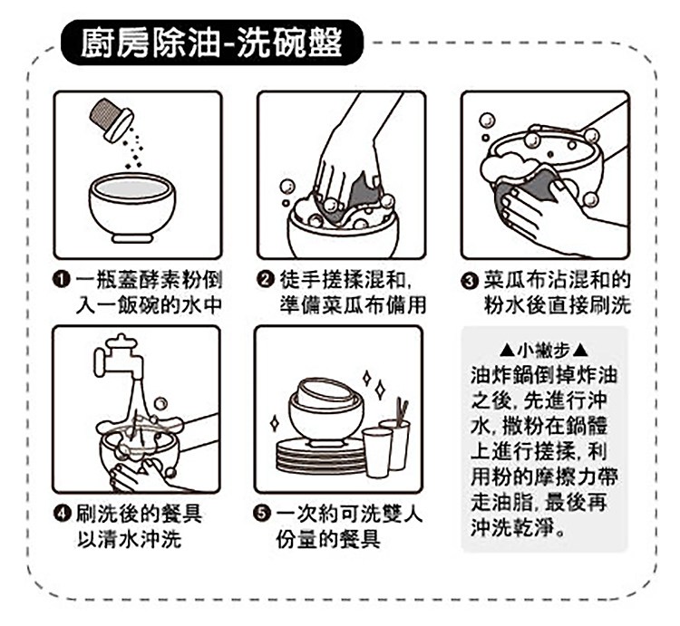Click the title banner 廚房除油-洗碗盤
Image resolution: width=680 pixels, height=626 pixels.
click(211, 43)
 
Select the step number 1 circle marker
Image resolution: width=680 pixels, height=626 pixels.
click(61, 279)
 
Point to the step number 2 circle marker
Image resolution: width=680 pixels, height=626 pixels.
click(265, 279)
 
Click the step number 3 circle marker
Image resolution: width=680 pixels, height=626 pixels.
click(470, 281)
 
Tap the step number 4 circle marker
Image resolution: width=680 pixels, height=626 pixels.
click(62, 514)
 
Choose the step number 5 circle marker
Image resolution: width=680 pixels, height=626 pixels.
click(261, 514)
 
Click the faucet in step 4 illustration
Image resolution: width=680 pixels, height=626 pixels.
click(119, 357)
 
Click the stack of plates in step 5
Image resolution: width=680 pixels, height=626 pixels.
click(321, 456)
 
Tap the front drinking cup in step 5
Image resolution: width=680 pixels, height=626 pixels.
click(377, 452)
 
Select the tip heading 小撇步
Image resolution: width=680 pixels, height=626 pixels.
click(544, 350)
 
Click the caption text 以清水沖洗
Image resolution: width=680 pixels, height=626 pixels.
click(130, 540)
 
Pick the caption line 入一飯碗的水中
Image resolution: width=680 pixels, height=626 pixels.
click(149, 305)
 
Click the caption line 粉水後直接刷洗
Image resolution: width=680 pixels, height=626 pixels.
click(558, 305)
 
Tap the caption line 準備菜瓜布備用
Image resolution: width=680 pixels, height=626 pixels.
click(353, 304)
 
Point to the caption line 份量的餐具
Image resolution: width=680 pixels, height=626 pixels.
click(328, 540)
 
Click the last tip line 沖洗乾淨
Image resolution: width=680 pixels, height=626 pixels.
click(518, 527)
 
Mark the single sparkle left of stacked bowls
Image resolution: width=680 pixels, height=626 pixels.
click(275, 423)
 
